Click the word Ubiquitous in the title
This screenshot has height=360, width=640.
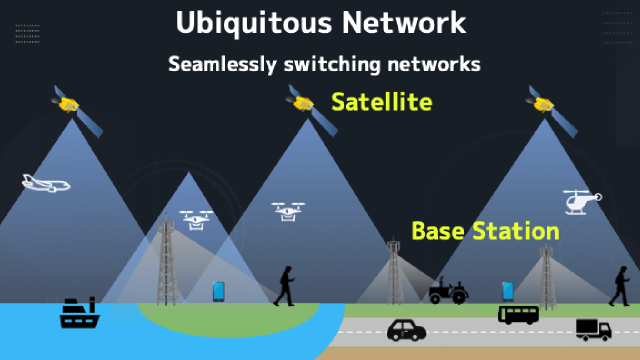coord(253,23)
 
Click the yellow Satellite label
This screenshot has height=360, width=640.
coord(381,101)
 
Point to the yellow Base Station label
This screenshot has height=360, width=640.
coord(485,231)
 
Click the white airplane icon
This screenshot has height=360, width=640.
coord(45,183)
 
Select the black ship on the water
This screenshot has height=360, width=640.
coord(79,312)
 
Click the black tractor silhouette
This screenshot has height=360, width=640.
coord(448,290)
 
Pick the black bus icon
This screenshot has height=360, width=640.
coord(518,315)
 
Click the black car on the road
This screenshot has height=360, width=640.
coord(406,330)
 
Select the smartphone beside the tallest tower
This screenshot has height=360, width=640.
coord(218,291)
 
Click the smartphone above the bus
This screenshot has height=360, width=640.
coord(508,291)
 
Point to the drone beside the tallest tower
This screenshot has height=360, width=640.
coord(196,220)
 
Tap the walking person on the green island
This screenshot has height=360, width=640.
coord(284,286)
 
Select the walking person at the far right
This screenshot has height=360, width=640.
coord(619,286)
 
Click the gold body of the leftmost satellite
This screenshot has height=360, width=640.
coord(68,104)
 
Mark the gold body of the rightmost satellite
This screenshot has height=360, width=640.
coord(543,104)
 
